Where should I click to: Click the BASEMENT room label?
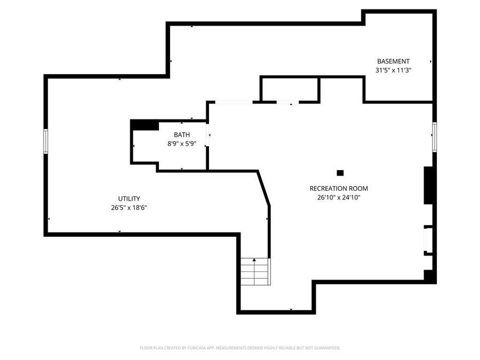tap(393, 61)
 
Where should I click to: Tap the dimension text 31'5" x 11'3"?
tap(393, 70)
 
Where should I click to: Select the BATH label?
tap(181, 135)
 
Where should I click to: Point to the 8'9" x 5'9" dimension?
tap(181, 143)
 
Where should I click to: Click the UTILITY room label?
tap(129, 199)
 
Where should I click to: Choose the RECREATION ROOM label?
tap(339, 188)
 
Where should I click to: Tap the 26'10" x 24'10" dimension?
tap(339, 197)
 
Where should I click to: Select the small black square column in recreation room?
tap(340, 172)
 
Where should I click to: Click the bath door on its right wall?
tap(208, 135)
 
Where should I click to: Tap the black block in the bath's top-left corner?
tap(144, 124)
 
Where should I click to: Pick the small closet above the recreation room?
tap(290, 89)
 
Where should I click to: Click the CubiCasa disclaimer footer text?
tap(240, 348)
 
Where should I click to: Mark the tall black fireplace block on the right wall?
tap(428, 185)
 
